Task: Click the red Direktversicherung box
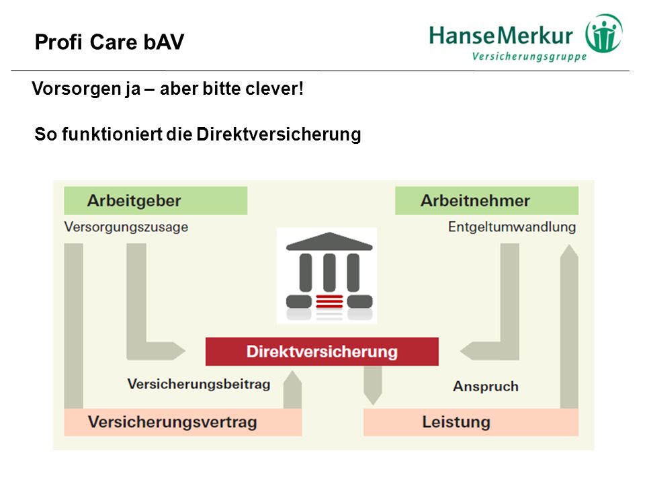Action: pos(322,352)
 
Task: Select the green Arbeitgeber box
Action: pos(155,200)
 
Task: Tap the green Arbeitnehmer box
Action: pos(486,200)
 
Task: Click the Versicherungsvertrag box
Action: pos(183,422)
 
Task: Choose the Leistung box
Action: pos(470,422)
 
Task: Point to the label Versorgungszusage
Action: pos(126,227)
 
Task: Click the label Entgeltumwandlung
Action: pos(512,227)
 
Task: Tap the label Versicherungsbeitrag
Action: pos(199,384)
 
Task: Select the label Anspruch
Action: pos(485,387)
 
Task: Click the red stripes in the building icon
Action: pos(329,302)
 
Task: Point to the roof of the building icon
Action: pos(329,241)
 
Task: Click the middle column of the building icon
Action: pos(329,272)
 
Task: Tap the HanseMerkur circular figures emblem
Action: pos(604,34)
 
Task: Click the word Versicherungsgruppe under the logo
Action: pos(529,56)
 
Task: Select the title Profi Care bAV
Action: pos(110,42)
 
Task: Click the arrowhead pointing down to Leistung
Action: pos(373,399)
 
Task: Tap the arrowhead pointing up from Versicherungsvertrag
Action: pos(292,378)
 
